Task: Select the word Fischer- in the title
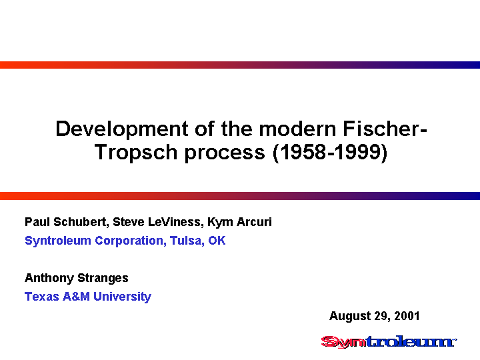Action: point(385,129)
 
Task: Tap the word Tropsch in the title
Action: point(136,152)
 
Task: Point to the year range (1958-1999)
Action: point(330,152)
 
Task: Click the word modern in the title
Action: point(297,129)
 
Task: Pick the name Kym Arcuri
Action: point(239,222)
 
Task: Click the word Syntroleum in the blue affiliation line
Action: point(58,241)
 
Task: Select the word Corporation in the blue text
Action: point(131,241)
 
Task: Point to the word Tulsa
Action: point(187,241)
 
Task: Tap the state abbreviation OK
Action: point(217,241)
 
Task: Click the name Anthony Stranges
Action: point(77,278)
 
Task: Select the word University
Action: point(123,297)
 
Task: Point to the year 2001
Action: point(407,316)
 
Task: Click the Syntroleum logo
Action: point(389,342)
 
